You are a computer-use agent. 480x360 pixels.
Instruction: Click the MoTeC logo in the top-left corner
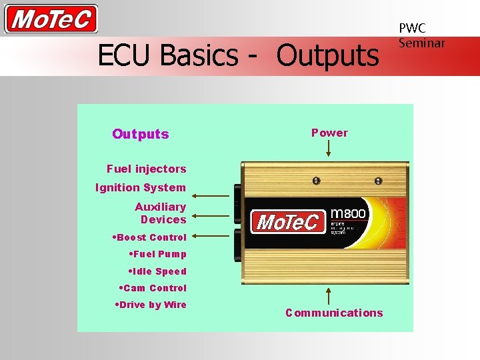pyautogui.click(x=51, y=19)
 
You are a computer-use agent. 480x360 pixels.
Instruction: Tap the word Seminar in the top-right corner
pyautogui.click(x=421, y=43)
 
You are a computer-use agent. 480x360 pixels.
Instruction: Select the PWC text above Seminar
pyautogui.click(x=412, y=28)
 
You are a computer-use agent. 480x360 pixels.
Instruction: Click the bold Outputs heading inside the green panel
pyautogui.click(x=141, y=134)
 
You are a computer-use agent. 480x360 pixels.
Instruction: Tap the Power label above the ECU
pyautogui.click(x=329, y=133)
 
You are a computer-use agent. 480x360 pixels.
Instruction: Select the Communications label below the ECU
pyautogui.click(x=334, y=313)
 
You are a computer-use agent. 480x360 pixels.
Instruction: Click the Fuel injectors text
pyautogui.click(x=146, y=169)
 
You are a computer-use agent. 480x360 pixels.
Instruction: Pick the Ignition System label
pyautogui.click(x=141, y=187)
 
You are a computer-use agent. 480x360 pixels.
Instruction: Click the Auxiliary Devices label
pyautogui.click(x=161, y=213)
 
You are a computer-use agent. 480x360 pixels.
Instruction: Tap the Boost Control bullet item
pyautogui.click(x=150, y=237)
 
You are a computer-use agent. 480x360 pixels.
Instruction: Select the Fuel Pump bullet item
pyautogui.click(x=157, y=254)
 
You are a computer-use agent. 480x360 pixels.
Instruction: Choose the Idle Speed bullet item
pyautogui.click(x=157, y=271)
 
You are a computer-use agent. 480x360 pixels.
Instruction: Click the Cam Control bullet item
pyautogui.click(x=153, y=288)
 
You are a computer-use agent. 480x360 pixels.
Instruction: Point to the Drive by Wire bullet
pyautogui.click(x=151, y=305)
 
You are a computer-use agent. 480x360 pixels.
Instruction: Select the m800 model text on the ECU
pyautogui.click(x=349, y=203)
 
